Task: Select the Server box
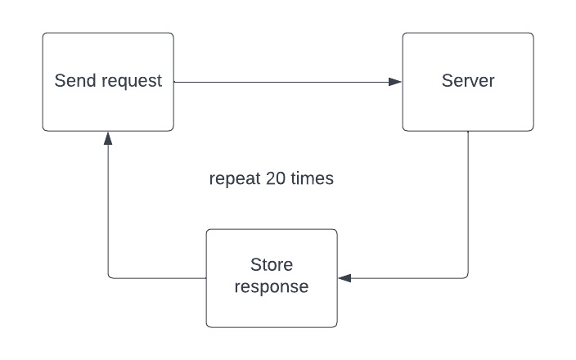[x=468, y=82]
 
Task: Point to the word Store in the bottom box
[x=271, y=267]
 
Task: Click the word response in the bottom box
[x=271, y=287]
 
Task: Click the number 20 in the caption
[x=275, y=178]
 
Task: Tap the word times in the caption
[x=312, y=178]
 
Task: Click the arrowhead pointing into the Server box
[x=395, y=82]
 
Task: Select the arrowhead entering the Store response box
[x=344, y=278]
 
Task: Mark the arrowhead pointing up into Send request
[x=108, y=138]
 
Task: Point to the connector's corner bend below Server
[x=467, y=278]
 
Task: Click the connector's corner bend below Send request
[x=108, y=278]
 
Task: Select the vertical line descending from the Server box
[x=467, y=205]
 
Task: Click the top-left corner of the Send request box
[x=44, y=34]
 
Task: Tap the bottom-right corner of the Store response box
[x=335, y=326]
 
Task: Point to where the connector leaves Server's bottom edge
[x=467, y=131]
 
